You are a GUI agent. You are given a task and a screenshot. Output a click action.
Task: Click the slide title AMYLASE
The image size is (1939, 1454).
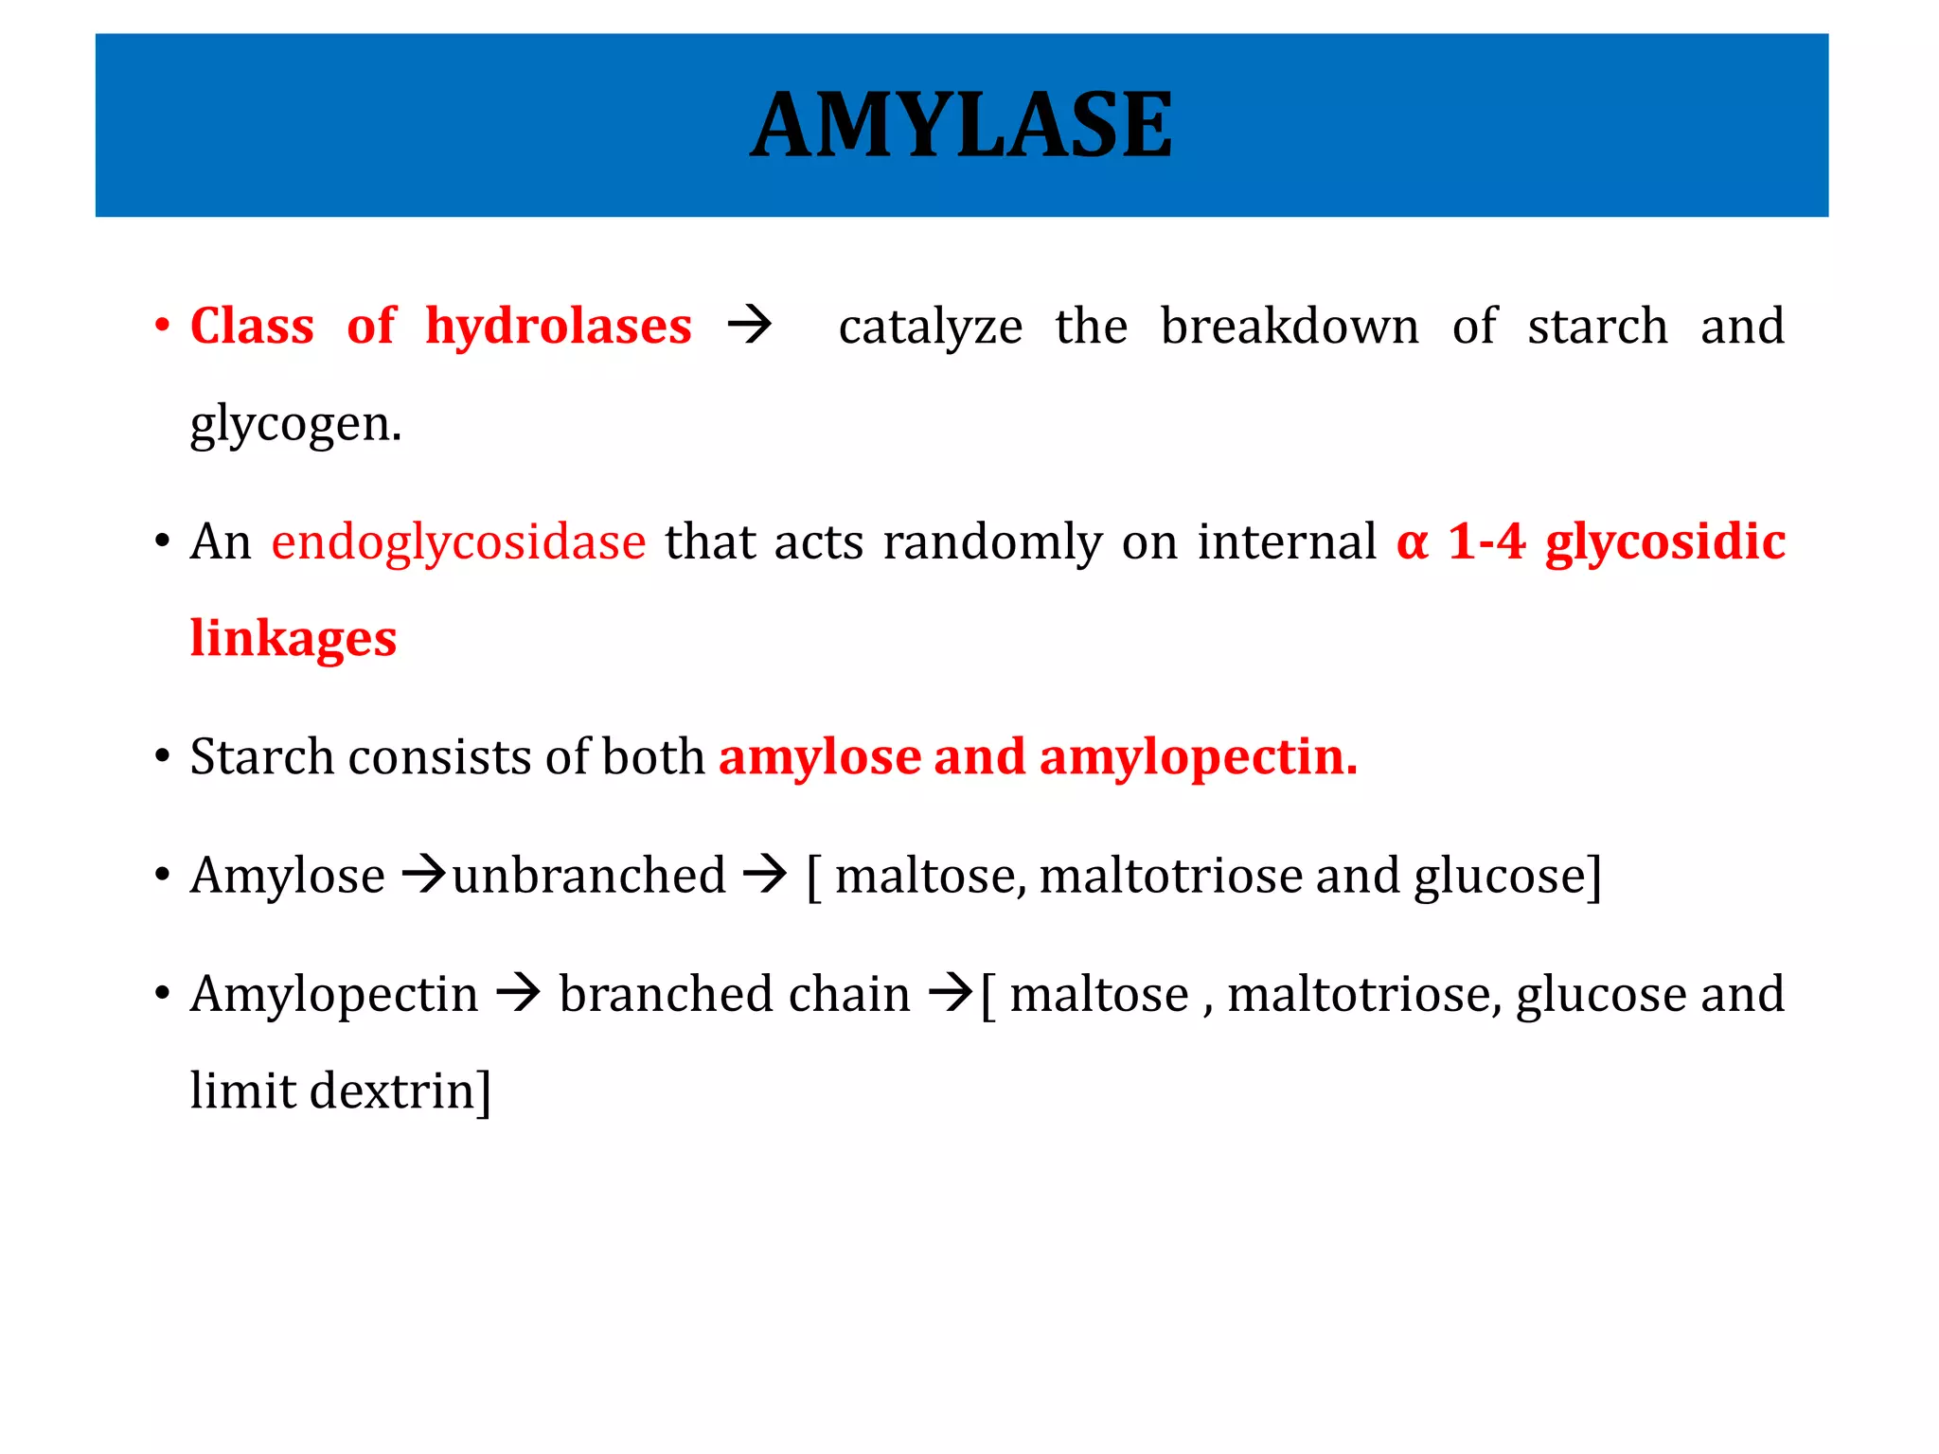[962, 126]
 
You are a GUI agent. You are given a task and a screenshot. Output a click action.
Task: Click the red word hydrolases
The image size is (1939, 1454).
[559, 327]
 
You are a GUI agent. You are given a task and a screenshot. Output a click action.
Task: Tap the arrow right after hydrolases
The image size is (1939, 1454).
[750, 327]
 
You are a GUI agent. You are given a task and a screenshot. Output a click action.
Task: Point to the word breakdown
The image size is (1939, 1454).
[1290, 327]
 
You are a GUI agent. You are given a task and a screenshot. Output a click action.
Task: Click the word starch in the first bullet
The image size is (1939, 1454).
[1597, 327]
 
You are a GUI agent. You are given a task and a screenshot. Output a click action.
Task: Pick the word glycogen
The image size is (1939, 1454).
[294, 425]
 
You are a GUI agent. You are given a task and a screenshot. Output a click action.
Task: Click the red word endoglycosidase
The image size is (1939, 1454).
[458, 543]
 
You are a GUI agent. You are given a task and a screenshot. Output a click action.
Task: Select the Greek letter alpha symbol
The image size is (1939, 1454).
[1412, 543]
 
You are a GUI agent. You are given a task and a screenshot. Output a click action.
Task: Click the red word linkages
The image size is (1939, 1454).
[294, 639]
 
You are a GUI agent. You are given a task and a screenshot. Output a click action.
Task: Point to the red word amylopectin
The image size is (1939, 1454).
[1198, 757]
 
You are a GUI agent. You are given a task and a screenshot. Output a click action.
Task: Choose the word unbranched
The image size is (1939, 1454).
[589, 876]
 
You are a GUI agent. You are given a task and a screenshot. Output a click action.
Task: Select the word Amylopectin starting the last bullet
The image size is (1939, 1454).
[334, 996]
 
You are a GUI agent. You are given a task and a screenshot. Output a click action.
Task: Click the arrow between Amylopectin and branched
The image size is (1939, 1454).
[518, 994]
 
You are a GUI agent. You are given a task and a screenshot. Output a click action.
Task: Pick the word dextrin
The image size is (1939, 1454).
[392, 1091]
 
